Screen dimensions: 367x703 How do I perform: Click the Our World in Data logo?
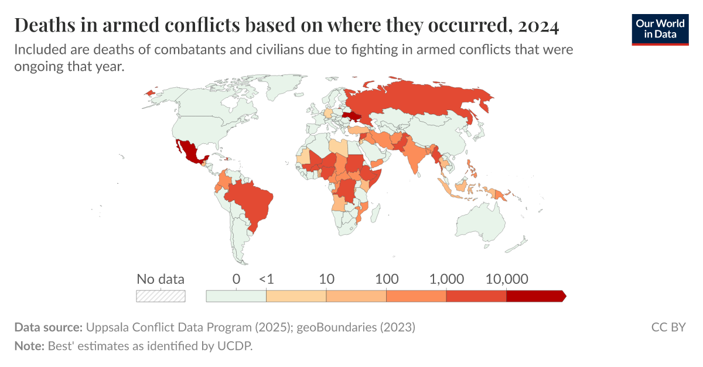(x=660, y=29)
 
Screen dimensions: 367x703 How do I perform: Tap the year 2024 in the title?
(x=538, y=26)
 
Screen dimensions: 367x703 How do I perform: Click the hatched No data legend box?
(x=161, y=296)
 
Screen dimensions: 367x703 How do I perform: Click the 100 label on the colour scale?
(x=387, y=279)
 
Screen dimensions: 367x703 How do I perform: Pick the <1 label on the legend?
(x=266, y=279)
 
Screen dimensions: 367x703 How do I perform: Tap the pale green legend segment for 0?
(x=236, y=296)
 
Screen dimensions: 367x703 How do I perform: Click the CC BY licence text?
(x=668, y=327)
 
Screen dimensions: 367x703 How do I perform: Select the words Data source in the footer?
(x=49, y=327)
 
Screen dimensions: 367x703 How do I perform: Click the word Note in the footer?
(x=29, y=346)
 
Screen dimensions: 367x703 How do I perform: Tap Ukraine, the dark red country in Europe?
(x=353, y=116)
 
